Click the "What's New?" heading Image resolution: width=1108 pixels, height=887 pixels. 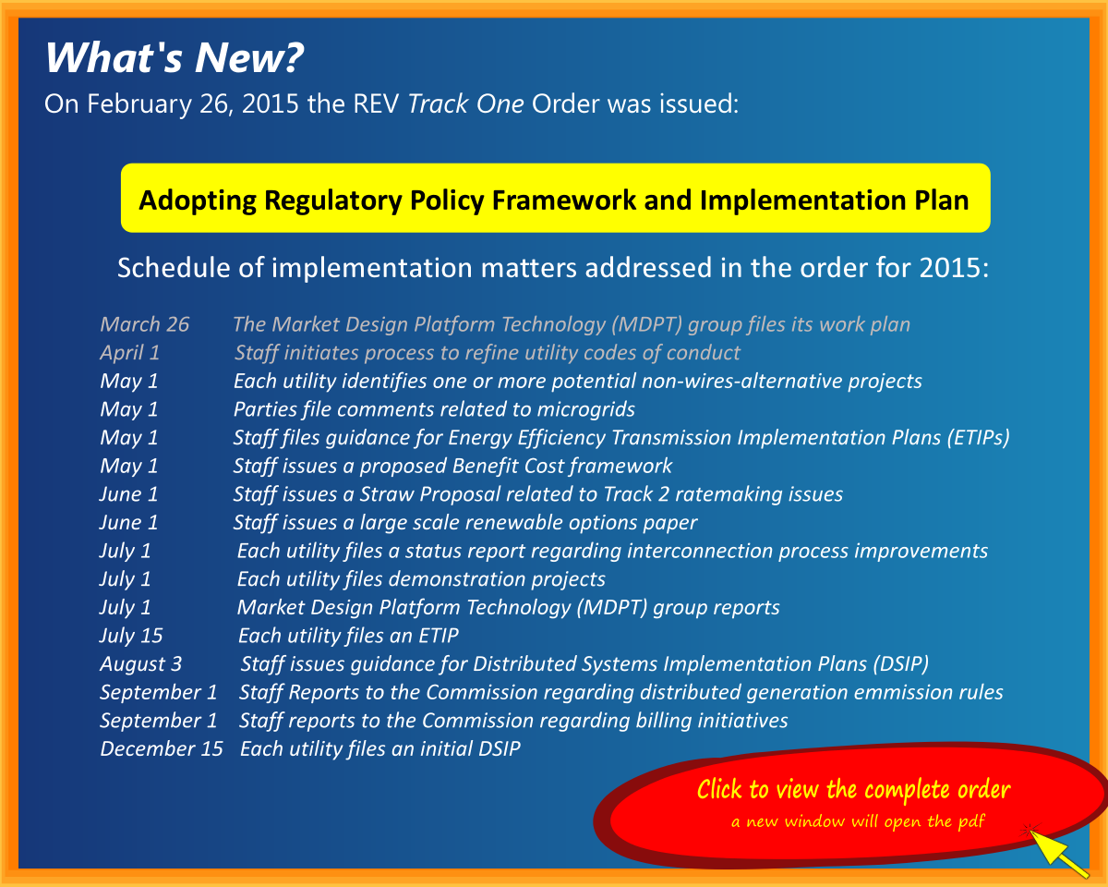tap(174, 58)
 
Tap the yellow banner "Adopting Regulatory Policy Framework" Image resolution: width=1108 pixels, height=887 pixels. tap(554, 199)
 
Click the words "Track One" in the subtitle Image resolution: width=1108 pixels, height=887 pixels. tap(465, 103)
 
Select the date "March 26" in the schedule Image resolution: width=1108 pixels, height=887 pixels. tap(145, 324)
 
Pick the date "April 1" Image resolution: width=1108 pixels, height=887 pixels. tap(130, 353)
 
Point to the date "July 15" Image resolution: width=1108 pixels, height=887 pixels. tap(131, 636)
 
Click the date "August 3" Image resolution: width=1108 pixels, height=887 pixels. tap(141, 664)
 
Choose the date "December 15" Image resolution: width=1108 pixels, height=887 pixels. tap(162, 749)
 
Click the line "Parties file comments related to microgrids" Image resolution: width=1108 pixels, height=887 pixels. tap(434, 409)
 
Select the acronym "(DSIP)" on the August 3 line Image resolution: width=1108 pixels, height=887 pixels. tap(899, 664)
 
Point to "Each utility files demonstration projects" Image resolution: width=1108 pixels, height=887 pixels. tap(421, 579)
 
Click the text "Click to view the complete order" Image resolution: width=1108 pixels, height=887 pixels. tap(853, 790)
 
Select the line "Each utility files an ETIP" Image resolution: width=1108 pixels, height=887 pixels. tap(348, 636)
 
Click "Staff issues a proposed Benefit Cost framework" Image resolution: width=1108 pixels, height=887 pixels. tap(452, 466)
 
